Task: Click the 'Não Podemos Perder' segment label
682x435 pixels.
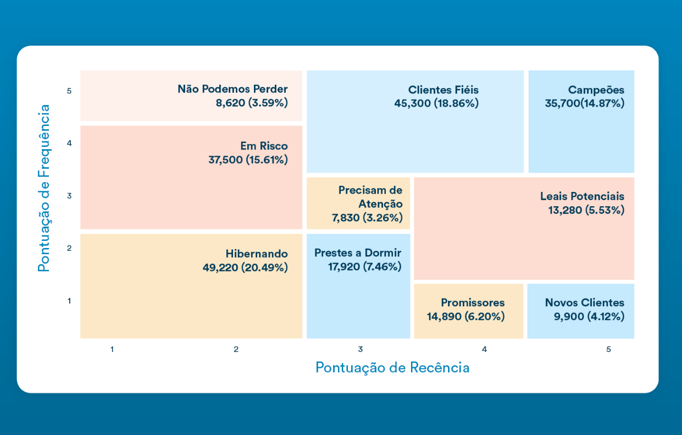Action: click(232, 89)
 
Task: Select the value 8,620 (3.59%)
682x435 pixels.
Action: click(252, 103)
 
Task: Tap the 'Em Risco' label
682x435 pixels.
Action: click(264, 146)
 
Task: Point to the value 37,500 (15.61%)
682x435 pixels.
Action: click(248, 160)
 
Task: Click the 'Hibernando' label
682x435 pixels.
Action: click(257, 254)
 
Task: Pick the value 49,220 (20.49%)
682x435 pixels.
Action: click(245, 268)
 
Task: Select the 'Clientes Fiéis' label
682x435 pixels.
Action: click(443, 90)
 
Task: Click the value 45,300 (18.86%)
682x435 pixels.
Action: click(436, 103)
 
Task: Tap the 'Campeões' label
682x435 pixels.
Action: click(596, 90)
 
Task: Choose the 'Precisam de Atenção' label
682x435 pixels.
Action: click(370, 197)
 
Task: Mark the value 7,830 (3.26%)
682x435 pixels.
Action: click(367, 218)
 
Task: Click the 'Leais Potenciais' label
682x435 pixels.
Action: click(582, 196)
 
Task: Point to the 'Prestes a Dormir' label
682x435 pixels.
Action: click(358, 254)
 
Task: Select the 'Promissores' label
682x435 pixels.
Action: click(473, 303)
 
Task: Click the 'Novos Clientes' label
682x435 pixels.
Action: click(585, 303)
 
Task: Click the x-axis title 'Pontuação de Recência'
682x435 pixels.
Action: click(392, 368)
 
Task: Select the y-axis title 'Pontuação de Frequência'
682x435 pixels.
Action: click(44, 188)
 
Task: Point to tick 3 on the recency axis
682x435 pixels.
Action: click(361, 349)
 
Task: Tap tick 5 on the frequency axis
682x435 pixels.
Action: click(69, 91)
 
